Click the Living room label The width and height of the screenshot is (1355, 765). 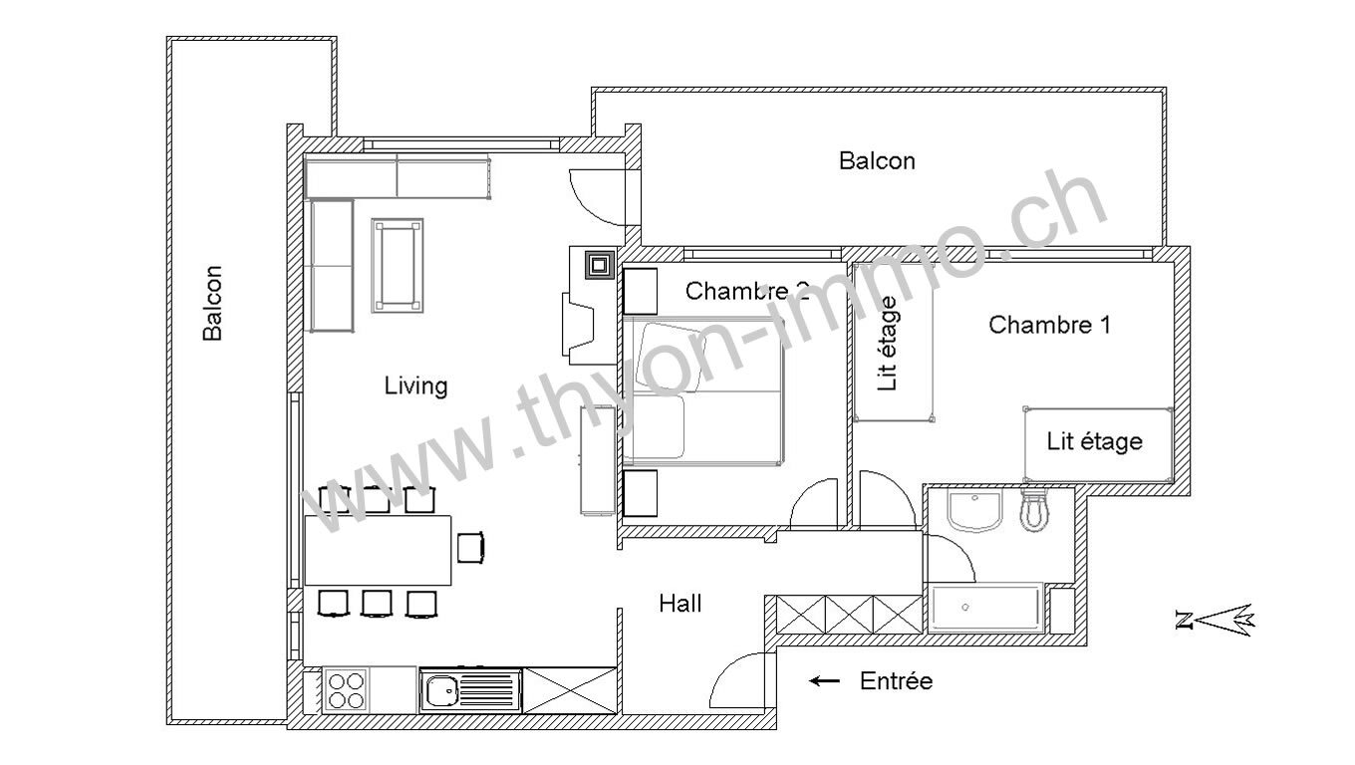point(416,385)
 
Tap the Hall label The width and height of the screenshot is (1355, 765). point(680,604)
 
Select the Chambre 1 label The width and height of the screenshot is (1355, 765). point(1049,325)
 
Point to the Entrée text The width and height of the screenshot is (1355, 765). point(896,681)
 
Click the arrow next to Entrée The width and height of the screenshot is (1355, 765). point(825,681)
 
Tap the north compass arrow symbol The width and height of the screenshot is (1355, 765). point(1216,620)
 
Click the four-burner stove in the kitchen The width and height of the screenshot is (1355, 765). point(346,690)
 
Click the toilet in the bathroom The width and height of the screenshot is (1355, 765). point(1035,510)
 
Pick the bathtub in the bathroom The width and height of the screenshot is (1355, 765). point(986,608)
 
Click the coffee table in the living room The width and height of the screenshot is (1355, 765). point(398,266)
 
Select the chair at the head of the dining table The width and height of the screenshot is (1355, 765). point(470,547)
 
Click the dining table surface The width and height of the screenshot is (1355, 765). point(378,550)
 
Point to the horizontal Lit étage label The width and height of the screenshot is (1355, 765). point(1095,441)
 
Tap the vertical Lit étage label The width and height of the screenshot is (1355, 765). point(887,343)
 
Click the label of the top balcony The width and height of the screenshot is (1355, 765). point(877,160)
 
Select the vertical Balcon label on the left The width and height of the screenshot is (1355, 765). point(212,303)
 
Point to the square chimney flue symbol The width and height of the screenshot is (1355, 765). point(599,265)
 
